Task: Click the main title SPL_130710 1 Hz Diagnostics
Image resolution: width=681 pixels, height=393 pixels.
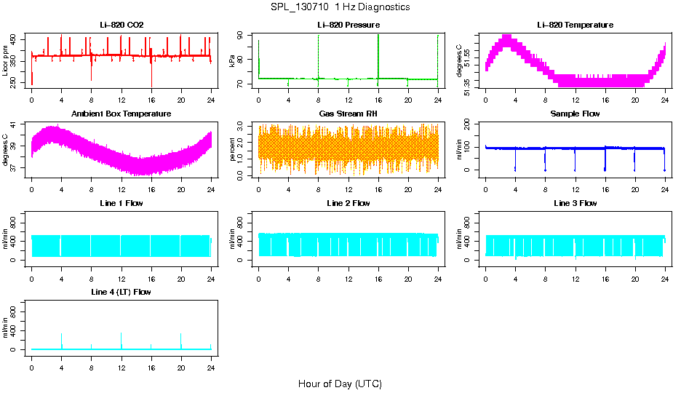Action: tap(340, 7)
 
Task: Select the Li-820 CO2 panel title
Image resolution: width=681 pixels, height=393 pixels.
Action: tap(122, 25)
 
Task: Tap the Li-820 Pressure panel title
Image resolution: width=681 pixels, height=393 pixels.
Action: tap(348, 25)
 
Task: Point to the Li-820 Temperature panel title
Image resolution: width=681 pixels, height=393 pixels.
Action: tap(575, 25)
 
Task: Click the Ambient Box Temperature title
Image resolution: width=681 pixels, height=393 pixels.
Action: tap(122, 114)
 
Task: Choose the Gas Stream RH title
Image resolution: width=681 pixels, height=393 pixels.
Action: tap(348, 114)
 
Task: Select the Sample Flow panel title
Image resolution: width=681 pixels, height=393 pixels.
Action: tap(575, 114)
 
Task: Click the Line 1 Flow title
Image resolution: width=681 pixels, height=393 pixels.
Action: tap(122, 203)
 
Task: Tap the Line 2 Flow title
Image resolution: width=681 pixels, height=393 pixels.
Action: tap(348, 203)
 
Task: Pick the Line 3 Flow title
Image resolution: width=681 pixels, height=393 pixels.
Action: tap(575, 203)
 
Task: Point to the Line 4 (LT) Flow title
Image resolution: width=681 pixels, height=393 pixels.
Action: tap(122, 292)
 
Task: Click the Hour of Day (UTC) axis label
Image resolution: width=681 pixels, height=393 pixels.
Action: tap(340, 384)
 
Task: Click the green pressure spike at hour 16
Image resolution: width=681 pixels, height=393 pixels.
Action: tap(378, 55)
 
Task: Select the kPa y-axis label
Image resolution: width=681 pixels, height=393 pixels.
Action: tap(232, 62)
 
